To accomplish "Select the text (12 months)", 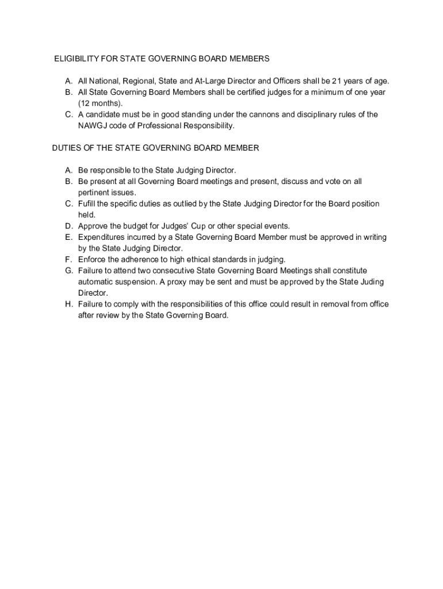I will pos(101,104).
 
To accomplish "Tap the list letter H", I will pos(68,304).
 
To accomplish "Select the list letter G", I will pos(68,270).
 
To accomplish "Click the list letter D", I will pos(68,226).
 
